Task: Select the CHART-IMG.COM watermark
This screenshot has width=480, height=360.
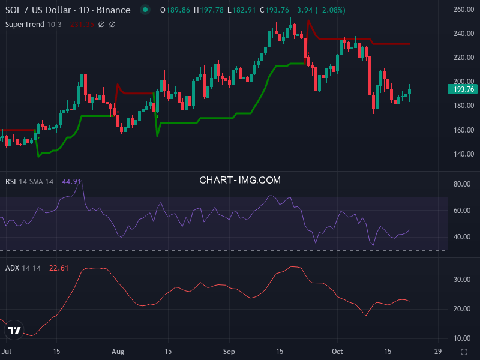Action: click(240, 180)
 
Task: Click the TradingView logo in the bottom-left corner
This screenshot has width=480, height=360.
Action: click(14, 331)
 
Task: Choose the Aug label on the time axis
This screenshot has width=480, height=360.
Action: click(118, 352)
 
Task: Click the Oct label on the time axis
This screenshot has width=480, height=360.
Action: click(337, 352)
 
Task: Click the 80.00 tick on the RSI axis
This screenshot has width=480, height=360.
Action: click(461, 184)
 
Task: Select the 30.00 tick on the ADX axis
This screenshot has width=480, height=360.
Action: click(461, 280)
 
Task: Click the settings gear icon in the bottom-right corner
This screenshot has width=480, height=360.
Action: click(464, 352)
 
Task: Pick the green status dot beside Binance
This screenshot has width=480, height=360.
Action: click(145, 10)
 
